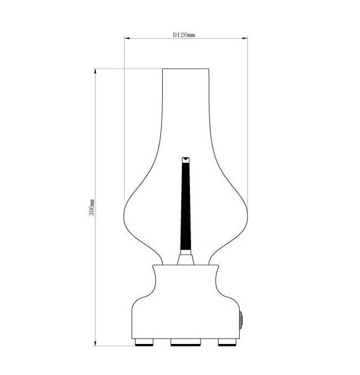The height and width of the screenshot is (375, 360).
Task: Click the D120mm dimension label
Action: click(184, 35)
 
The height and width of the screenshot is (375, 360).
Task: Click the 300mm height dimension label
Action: click(92, 207)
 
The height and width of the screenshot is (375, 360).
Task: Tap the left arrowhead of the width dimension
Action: click(127, 38)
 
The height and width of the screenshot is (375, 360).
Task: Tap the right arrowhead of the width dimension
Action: click(245, 38)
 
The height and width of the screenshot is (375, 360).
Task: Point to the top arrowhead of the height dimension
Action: click(95, 71)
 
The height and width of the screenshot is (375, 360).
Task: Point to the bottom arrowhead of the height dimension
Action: click(95, 343)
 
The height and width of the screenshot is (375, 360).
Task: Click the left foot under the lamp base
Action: click(144, 342)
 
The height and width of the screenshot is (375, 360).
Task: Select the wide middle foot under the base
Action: click(186, 342)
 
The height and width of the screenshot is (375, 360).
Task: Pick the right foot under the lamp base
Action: click(227, 342)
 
